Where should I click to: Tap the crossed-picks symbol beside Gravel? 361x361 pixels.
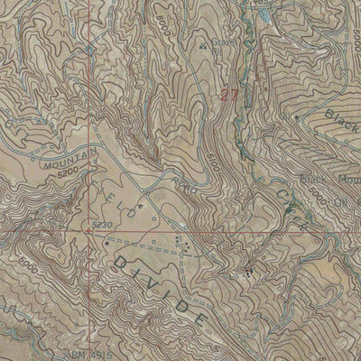point(207,42)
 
